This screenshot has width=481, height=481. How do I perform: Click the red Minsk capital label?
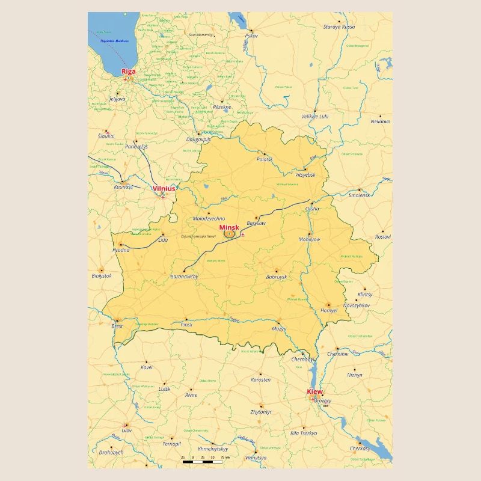pos(229,227)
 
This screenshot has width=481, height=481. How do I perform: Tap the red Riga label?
pos(129,72)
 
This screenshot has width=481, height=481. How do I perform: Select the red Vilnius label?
pos(164,188)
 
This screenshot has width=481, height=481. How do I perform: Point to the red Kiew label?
pos(314,391)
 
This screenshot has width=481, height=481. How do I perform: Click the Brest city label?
pos(117,326)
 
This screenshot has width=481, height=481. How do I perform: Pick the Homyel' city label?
pos(329,310)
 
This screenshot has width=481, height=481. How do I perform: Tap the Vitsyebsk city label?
pos(305,174)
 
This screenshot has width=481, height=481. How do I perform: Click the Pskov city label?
pos(251,36)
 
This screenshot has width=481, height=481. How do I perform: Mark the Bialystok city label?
pos(102,276)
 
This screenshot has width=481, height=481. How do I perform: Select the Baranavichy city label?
pos(185,276)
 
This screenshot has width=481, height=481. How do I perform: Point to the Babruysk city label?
pos(277,277)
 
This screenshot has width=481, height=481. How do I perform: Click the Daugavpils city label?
pos(198,139)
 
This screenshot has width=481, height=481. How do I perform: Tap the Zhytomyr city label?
pos(261,412)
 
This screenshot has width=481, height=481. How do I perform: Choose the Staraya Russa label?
pos(339,27)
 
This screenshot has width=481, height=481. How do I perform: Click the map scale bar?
pos(203,461)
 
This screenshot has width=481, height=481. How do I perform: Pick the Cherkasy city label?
pos(360,448)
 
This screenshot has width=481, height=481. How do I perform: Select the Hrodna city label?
pos(120,250)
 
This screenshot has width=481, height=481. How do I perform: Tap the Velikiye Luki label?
pos(315,116)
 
